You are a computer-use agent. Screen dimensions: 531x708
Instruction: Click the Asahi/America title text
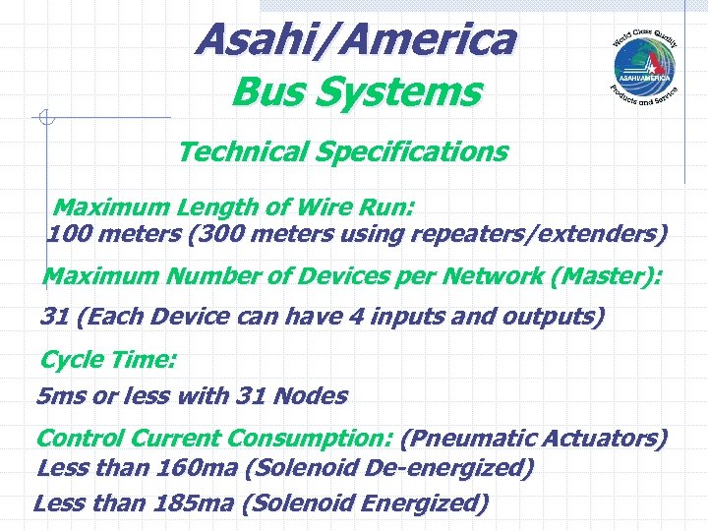coord(355,40)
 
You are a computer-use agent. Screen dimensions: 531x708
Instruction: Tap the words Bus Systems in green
coord(356,93)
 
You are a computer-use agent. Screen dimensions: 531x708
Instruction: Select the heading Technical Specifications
coord(342,152)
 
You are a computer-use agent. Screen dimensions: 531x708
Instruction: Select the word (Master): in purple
coord(607,276)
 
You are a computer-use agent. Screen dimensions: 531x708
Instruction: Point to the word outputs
coord(550,318)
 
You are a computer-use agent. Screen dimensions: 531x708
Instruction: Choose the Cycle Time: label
coord(108,360)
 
